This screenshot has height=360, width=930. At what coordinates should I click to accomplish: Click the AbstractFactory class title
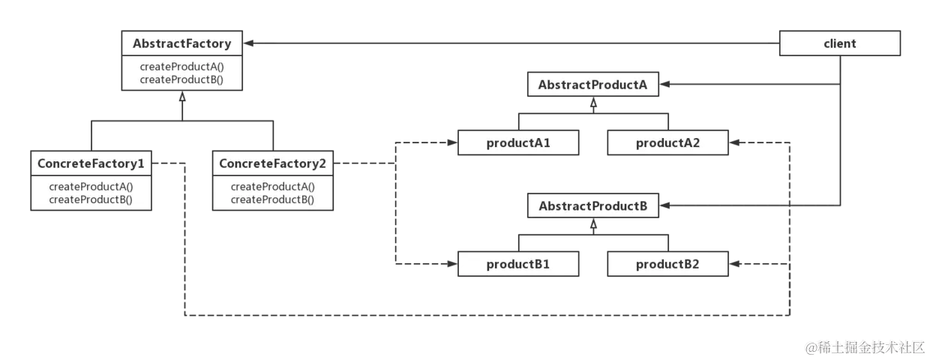click(181, 43)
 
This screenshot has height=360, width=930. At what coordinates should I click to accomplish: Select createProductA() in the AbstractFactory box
click(181, 67)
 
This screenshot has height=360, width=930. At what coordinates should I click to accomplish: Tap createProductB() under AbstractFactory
click(181, 79)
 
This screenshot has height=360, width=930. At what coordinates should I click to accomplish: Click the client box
click(839, 43)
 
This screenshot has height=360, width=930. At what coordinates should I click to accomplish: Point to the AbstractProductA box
click(592, 85)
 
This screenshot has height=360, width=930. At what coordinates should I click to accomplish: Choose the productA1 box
click(517, 142)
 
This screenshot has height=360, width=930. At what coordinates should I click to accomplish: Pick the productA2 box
click(667, 142)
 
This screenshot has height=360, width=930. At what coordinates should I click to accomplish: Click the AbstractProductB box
click(592, 205)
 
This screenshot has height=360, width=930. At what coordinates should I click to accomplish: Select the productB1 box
click(517, 264)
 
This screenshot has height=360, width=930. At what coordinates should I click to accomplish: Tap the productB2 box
click(667, 264)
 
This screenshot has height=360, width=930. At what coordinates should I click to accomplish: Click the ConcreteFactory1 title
click(91, 162)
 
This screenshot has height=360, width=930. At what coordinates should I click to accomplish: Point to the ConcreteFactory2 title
click(273, 162)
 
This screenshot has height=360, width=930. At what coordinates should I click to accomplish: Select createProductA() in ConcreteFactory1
click(91, 187)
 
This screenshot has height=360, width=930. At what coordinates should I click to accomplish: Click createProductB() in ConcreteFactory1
click(91, 199)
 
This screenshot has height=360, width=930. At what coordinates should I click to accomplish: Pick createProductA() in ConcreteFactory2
click(273, 187)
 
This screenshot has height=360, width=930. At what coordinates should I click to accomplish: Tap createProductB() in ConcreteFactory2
click(273, 199)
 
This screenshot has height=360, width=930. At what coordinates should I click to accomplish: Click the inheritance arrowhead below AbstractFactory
click(181, 98)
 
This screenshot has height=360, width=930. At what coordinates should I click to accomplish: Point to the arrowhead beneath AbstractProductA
click(592, 103)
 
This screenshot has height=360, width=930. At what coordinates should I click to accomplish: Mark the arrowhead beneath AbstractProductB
click(592, 223)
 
